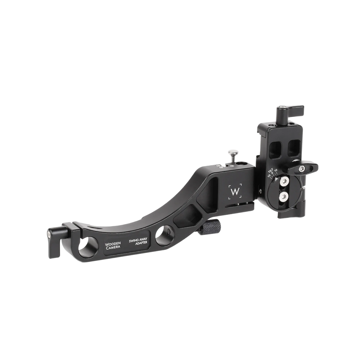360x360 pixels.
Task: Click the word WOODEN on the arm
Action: coord(113,245)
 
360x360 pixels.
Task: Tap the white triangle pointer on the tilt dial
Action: coord(277,178)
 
